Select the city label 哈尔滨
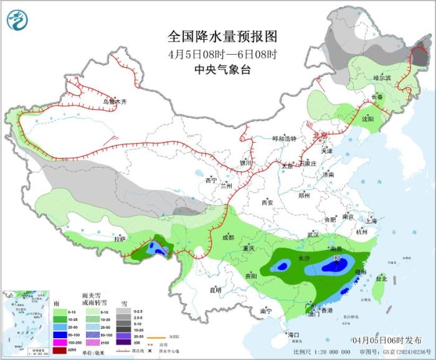[382, 78]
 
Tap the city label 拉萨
[120, 239]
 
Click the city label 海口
[294, 335]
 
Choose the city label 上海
[372, 220]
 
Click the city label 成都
[228, 237]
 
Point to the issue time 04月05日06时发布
[386, 339]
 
